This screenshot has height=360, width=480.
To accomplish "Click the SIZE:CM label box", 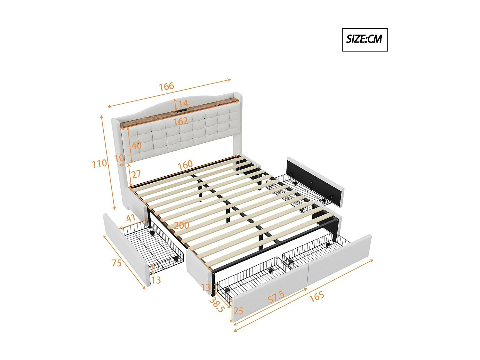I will (x=364, y=40).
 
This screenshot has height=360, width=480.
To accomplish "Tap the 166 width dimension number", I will (x=166, y=86).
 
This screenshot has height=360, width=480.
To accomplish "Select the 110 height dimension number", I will (x=99, y=164).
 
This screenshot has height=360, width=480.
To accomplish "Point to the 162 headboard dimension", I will (x=180, y=121).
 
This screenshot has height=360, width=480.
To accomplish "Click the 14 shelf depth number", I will (x=183, y=104).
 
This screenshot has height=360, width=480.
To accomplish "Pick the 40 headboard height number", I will (x=136, y=145).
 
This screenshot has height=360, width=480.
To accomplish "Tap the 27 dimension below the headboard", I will (x=136, y=174).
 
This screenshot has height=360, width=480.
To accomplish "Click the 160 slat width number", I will (x=185, y=165).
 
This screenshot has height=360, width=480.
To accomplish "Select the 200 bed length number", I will (x=181, y=225).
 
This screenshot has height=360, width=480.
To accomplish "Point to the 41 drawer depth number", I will (x=131, y=218).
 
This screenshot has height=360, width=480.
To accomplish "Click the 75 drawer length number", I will (x=116, y=263).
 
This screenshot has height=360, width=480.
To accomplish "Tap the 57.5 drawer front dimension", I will (x=276, y=297).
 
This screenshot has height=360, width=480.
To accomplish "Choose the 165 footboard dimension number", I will (x=316, y=297).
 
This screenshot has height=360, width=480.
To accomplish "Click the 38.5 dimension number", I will (x=217, y=305).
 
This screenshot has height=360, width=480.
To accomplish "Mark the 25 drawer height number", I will (x=238, y=311).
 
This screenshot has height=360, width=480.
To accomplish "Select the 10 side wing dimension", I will (x=119, y=158).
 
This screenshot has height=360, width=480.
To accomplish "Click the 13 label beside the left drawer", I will (x=156, y=280).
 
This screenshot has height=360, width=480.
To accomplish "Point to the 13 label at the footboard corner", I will (x=206, y=287).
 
